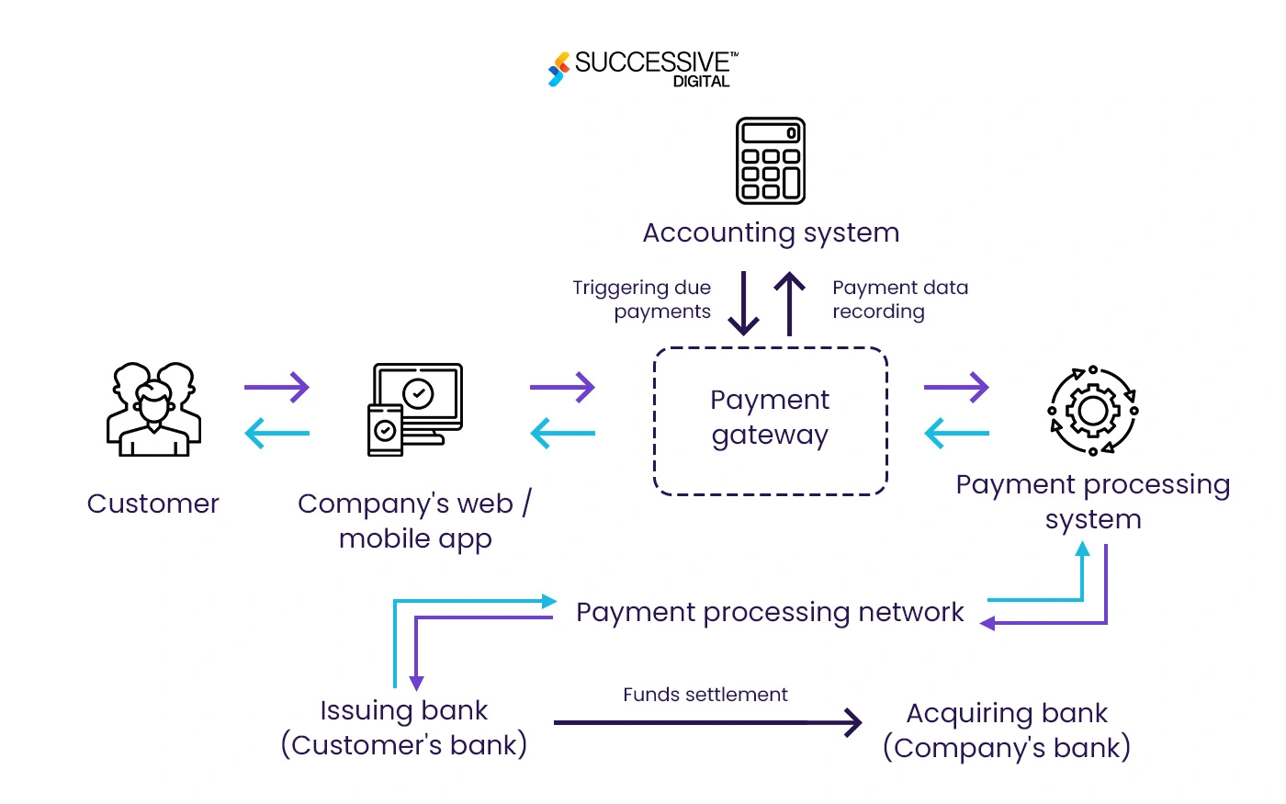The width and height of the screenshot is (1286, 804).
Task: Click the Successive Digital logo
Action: point(643,68)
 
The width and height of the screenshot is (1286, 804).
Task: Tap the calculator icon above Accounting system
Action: point(770,161)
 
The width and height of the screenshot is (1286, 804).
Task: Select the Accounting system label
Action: point(770,232)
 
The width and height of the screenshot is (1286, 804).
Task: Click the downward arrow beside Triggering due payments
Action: point(743,303)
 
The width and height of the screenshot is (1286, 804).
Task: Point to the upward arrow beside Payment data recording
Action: point(789,303)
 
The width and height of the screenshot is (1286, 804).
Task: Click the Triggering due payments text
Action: point(642,300)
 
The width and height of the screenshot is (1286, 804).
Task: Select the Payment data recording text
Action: point(899,300)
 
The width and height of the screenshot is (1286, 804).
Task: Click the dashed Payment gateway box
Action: point(770,420)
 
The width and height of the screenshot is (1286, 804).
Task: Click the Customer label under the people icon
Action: point(153,504)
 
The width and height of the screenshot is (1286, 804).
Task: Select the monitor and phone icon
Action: point(415,409)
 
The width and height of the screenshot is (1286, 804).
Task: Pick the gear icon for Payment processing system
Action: point(1092,411)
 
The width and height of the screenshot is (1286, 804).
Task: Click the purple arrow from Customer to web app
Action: point(276,387)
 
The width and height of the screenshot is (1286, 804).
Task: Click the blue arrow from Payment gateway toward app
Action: point(562,433)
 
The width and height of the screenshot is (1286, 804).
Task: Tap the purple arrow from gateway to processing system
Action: point(956,387)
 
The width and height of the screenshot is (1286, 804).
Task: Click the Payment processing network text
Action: point(770,612)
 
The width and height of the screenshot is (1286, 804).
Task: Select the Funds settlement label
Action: point(705,695)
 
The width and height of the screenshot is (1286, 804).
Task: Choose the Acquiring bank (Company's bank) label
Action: point(1007,730)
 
